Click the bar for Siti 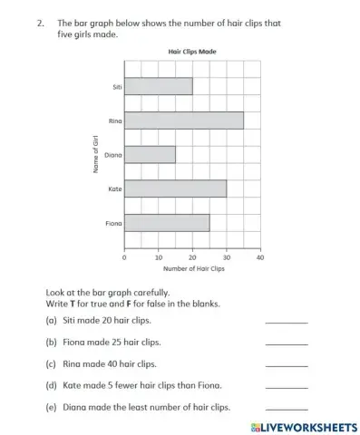[158, 86]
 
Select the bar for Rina [183, 120]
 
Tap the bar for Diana [150, 154]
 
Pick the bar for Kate [175, 188]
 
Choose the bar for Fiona [167, 222]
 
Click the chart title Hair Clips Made [192, 53]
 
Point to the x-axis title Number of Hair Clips [193, 269]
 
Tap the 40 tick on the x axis [260, 257]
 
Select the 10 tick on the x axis [159, 257]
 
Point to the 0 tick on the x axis [124, 257]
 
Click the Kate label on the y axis [115, 188]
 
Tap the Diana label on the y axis [112, 155]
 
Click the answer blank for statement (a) [286, 321]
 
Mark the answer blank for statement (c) [286, 364]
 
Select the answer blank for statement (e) [286, 408]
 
